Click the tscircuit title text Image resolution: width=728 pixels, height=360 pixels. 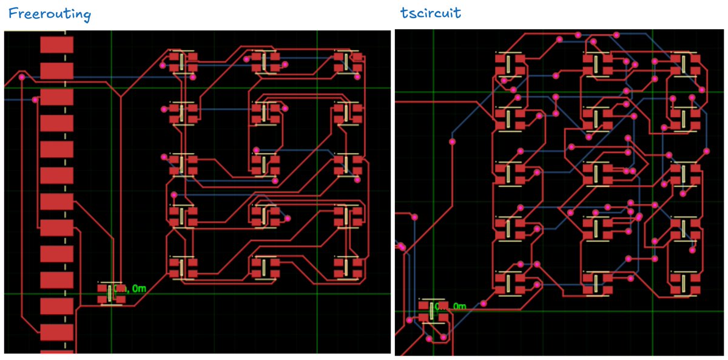point(430,13)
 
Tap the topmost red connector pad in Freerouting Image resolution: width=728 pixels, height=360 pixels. point(56,45)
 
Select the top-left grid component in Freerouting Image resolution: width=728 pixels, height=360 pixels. point(183,62)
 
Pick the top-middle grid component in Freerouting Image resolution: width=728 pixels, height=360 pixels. point(265,61)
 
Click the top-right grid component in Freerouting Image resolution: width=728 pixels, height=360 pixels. point(348,61)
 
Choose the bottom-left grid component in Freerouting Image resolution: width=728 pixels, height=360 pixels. point(183,267)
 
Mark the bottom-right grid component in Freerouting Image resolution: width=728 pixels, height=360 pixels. point(348,267)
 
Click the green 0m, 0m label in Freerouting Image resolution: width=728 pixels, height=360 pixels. point(129,288)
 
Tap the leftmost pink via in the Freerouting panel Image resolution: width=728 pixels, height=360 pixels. point(22,77)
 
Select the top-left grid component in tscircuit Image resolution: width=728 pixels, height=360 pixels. point(510,65)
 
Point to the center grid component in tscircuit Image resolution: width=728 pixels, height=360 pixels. point(597,174)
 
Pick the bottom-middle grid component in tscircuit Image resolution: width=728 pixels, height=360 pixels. point(597,282)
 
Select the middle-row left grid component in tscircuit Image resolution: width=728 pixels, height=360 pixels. point(510,174)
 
